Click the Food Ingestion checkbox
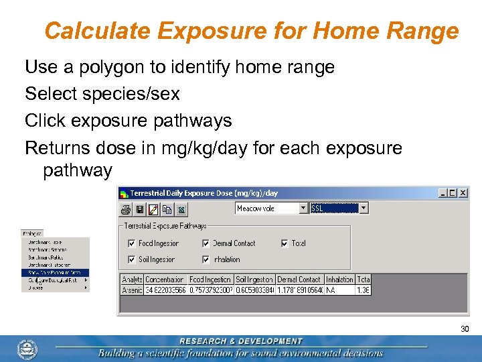tap(132, 243)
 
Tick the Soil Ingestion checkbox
tap(132, 259)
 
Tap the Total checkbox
tap(285, 243)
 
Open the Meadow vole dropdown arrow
tap(303, 208)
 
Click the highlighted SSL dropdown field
tap(334, 208)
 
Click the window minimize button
tap(443, 192)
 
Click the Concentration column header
tap(165, 280)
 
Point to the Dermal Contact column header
tap(299, 280)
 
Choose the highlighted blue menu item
tap(54, 272)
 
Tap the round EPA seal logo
tap(27, 349)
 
